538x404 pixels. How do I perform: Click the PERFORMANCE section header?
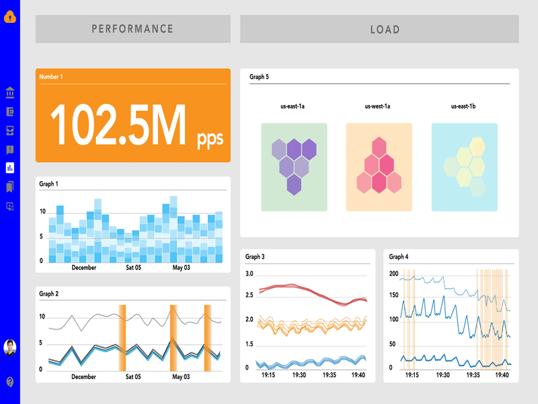click(132, 29)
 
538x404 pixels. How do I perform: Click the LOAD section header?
click(385, 30)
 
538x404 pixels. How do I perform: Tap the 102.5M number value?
click(118, 126)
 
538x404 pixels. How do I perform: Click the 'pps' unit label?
click(210, 139)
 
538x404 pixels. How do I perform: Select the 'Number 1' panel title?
click(51, 77)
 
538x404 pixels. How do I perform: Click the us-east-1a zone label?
click(293, 106)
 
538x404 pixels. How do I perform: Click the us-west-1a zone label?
click(377, 106)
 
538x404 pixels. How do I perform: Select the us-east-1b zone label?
click(463, 106)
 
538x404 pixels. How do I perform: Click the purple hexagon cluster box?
click(294, 166)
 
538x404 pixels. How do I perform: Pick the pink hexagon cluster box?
click(379, 166)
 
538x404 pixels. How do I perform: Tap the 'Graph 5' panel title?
click(259, 77)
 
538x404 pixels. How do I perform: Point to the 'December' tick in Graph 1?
click(84, 267)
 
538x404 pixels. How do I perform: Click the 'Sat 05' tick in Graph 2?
click(133, 377)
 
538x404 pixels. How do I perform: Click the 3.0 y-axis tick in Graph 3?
click(249, 274)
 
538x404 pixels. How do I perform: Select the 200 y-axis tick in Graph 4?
click(394, 274)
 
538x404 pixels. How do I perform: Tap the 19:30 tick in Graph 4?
click(443, 376)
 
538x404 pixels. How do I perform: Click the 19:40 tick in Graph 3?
click(358, 376)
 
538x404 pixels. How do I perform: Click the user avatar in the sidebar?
click(9, 347)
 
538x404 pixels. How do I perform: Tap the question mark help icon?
click(9, 382)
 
